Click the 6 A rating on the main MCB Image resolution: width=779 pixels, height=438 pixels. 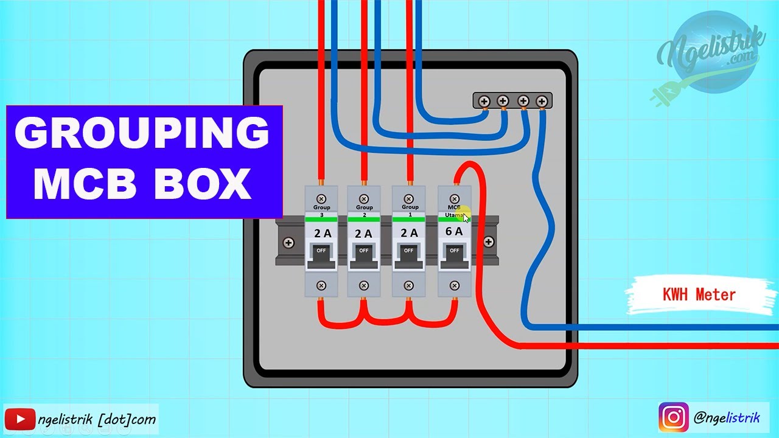[454, 232]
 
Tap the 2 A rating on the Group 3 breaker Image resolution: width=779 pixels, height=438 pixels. [321, 233]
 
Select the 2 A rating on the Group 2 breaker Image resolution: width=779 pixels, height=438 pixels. [363, 233]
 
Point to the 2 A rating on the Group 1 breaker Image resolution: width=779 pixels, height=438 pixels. [409, 233]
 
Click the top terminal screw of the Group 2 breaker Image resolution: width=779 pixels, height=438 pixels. [363, 198]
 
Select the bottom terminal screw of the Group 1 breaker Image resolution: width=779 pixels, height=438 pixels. [409, 285]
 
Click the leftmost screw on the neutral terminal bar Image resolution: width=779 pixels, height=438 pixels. [484, 101]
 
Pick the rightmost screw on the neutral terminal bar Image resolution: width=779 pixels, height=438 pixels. [541, 101]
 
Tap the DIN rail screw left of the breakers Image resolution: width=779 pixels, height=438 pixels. [288, 243]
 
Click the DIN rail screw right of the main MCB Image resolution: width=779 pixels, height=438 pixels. [488, 242]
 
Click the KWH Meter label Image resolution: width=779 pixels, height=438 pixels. [699, 295]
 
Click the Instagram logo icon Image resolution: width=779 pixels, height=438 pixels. [673, 417]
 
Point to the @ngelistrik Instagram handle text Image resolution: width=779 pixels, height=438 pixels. [727, 417]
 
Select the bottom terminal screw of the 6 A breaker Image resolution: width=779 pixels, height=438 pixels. [454, 285]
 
